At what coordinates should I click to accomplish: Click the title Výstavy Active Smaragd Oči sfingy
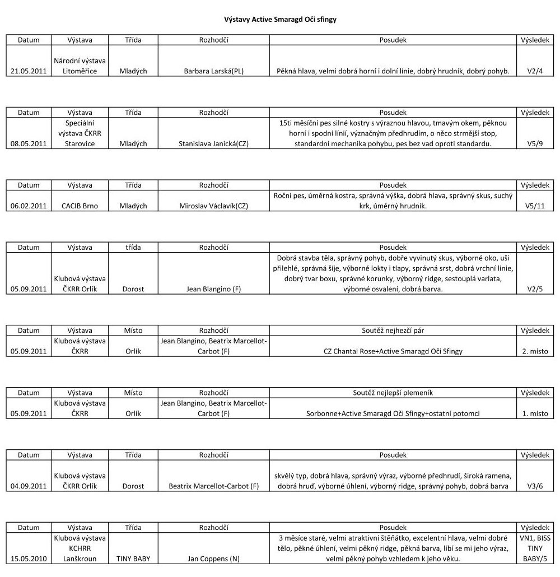pos(280,19)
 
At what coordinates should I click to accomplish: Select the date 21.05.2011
pos(29,71)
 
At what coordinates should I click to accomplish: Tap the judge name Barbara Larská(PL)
pos(214,71)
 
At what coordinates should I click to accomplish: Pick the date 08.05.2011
pos(29,143)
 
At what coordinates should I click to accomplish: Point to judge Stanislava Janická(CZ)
pos(214,143)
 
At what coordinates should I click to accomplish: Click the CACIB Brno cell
pos(80,206)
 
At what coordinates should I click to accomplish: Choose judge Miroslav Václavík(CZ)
pos(214,206)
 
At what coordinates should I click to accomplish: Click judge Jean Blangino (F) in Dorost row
pos(214,289)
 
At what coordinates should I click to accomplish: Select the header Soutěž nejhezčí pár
pos(393,331)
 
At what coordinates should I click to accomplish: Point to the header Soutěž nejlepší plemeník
pos(393,393)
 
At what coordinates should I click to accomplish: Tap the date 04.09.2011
pos(29,486)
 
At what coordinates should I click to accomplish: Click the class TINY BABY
pos(133,559)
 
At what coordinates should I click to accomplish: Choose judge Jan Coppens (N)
pos(214,559)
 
